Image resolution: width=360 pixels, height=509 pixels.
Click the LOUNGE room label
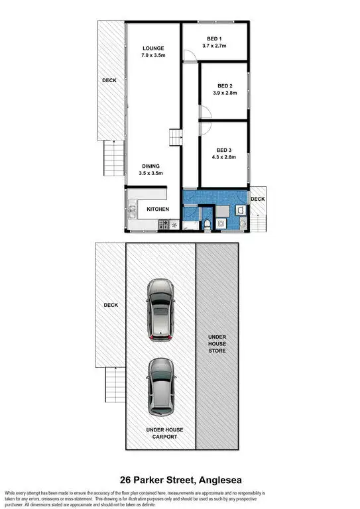coord(152,48)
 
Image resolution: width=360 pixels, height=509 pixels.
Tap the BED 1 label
coord(214,38)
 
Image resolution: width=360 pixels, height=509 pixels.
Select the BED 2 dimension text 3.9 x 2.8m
coord(225,93)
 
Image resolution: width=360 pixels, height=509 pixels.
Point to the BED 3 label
coord(225,150)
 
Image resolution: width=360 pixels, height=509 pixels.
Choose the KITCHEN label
coord(158,209)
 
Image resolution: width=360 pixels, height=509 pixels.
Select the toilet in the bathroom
coord(208,224)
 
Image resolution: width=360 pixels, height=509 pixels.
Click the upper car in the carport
coord(160,310)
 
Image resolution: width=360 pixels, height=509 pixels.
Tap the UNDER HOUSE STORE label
coord(217,343)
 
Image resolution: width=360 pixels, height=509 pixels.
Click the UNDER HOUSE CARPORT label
coord(164,434)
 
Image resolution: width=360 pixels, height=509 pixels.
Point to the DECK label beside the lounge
coord(109,81)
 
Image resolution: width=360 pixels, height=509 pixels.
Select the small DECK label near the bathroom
coord(257,198)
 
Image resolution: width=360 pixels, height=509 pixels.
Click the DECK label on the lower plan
coord(110,306)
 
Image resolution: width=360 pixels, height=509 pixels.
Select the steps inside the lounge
coord(175,137)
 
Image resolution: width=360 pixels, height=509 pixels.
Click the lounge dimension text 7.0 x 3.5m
coord(152,56)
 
